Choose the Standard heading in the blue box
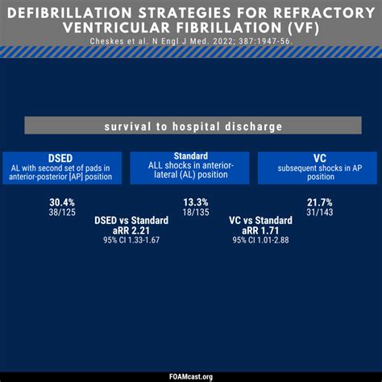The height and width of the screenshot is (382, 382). click(x=191, y=156)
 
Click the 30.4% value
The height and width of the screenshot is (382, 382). click(x=62, y=201)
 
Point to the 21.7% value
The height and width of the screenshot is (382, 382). click(x=320, y=201)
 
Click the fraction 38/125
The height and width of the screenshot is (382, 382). click(x=62, y=212)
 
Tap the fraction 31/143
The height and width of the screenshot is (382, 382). click(x=320, y=212)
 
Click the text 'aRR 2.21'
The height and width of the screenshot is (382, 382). click(x=130, y=231)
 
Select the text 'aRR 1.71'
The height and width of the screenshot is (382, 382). click(x=260, y=231)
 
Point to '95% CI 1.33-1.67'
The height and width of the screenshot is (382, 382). click(x=130, y=241)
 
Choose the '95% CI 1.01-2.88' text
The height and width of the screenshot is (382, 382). click(x=260, y=241)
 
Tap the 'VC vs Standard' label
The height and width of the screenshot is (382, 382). click(x=260, y=221)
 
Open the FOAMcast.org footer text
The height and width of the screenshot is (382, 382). click(x=190, y=376)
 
